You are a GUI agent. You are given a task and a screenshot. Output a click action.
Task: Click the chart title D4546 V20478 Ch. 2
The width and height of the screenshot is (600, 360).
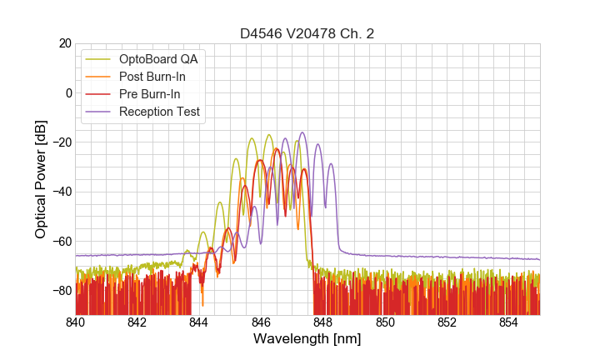307,33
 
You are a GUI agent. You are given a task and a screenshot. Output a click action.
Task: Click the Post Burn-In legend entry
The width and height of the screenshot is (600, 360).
152,77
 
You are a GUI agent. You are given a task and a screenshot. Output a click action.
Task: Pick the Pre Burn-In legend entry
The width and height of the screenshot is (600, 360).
150,94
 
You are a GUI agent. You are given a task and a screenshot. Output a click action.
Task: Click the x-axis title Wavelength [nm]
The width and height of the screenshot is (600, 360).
307,340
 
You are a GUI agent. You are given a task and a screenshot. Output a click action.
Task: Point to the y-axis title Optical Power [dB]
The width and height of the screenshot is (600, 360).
41,179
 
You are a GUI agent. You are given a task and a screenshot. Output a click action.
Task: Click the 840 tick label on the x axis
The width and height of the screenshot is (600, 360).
76,322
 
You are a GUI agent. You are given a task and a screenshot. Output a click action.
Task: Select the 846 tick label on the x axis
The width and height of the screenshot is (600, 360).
262,322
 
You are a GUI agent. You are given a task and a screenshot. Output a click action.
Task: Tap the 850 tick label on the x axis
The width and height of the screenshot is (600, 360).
385,322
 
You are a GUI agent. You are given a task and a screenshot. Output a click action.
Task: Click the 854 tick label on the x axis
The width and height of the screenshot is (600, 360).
509,322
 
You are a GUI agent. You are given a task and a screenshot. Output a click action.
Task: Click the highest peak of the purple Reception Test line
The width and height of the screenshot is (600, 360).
302,132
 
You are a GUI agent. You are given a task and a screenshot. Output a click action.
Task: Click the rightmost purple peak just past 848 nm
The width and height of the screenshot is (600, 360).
331,164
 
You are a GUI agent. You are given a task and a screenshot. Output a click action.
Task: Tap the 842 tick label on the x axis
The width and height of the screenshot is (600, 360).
137,322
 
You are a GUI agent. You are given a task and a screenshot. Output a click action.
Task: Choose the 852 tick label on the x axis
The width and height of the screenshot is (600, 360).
447,322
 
